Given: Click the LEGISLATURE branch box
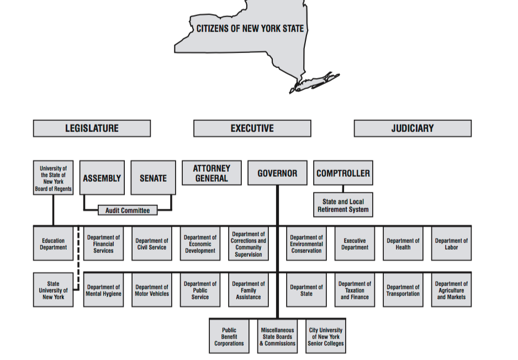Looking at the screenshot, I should [x=92, y=128].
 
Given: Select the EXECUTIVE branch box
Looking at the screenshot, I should [x=252, y=128].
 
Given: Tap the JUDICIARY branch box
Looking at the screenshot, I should [x=413, y=128].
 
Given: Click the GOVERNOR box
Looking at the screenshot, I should [x=277, y=173].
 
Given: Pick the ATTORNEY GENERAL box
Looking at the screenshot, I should [x=212, y=173].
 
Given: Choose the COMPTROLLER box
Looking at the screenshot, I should [x=343, y=173].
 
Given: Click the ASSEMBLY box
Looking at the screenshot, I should [x=102, y=178].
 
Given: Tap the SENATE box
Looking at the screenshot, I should [x=153, y=178].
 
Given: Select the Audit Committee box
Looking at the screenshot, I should [x=128, y=210].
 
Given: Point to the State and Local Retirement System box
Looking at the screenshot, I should [x=343, y=205].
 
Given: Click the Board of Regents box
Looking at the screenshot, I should [x=54, y=178].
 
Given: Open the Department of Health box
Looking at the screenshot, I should [x=403, y=244].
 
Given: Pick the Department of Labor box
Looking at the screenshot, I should [x=452, y=244].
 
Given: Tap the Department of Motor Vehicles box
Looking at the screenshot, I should [x=152, y=290].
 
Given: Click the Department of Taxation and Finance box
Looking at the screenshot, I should [x=355, y=290].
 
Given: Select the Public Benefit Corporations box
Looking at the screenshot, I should [x=229, y=337].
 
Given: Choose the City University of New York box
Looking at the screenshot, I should [x=326, y=337].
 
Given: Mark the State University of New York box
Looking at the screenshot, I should [x=54, y=290].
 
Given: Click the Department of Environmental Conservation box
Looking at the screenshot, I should [x=306, y=244].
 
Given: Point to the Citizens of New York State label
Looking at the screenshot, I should [x=250, y=29].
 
